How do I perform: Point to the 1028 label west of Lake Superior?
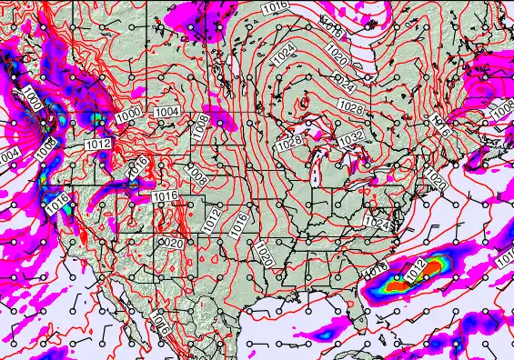[290, 142]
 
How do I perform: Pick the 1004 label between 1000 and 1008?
[167, 111]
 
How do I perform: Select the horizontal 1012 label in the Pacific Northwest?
[97, 145]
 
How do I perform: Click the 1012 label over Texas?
[211, 218]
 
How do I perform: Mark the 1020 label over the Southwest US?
[169, 243]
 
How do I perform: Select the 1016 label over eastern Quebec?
[442, 126]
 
